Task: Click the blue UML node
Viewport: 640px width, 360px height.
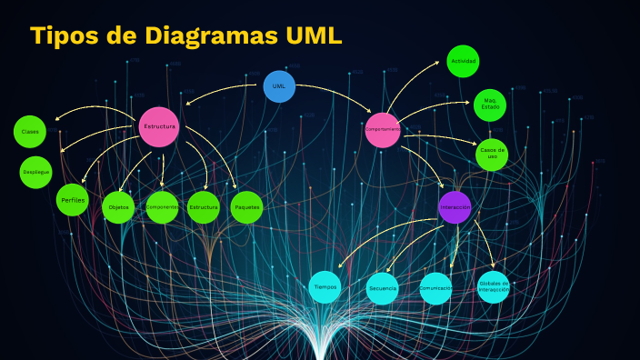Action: click(279, 85)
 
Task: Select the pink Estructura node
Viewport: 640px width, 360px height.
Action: click(159, 126)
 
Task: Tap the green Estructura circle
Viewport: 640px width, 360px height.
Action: click(204, 207)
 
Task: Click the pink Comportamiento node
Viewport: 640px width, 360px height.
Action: click(383, 129)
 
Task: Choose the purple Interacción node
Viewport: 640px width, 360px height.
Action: click(455, 207)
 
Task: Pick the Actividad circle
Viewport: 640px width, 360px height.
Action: click(463, 61)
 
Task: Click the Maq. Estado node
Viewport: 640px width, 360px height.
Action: click(490, 105)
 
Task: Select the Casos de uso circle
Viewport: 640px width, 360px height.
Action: click(492, 155)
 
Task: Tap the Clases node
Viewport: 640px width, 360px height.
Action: click(30, 132)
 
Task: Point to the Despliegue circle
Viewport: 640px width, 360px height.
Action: click(36, 171)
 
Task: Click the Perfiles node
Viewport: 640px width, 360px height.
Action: click(73, 199)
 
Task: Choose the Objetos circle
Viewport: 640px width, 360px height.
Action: click(119, 207)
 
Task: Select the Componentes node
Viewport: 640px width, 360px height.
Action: click(162, 207)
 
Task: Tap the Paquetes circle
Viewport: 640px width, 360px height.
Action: click(246, 207)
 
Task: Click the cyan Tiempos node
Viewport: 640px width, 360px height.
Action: click(325, 286)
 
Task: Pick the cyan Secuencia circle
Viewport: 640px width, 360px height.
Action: click(383, 288)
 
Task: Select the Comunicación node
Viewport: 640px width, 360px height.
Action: click(435, 288)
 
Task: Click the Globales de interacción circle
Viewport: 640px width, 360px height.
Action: click(494, 286)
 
